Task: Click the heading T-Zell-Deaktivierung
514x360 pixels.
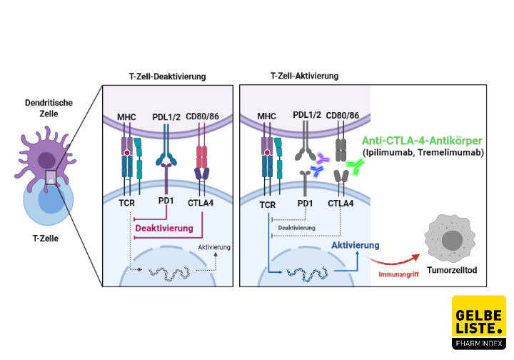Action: click(168, 76)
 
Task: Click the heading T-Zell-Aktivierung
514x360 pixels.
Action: click(305, 76)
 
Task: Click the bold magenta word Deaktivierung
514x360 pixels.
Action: click(165, 229)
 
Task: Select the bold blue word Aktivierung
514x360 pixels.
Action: click(355, 245)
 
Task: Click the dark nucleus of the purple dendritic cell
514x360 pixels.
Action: click(49, 160)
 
